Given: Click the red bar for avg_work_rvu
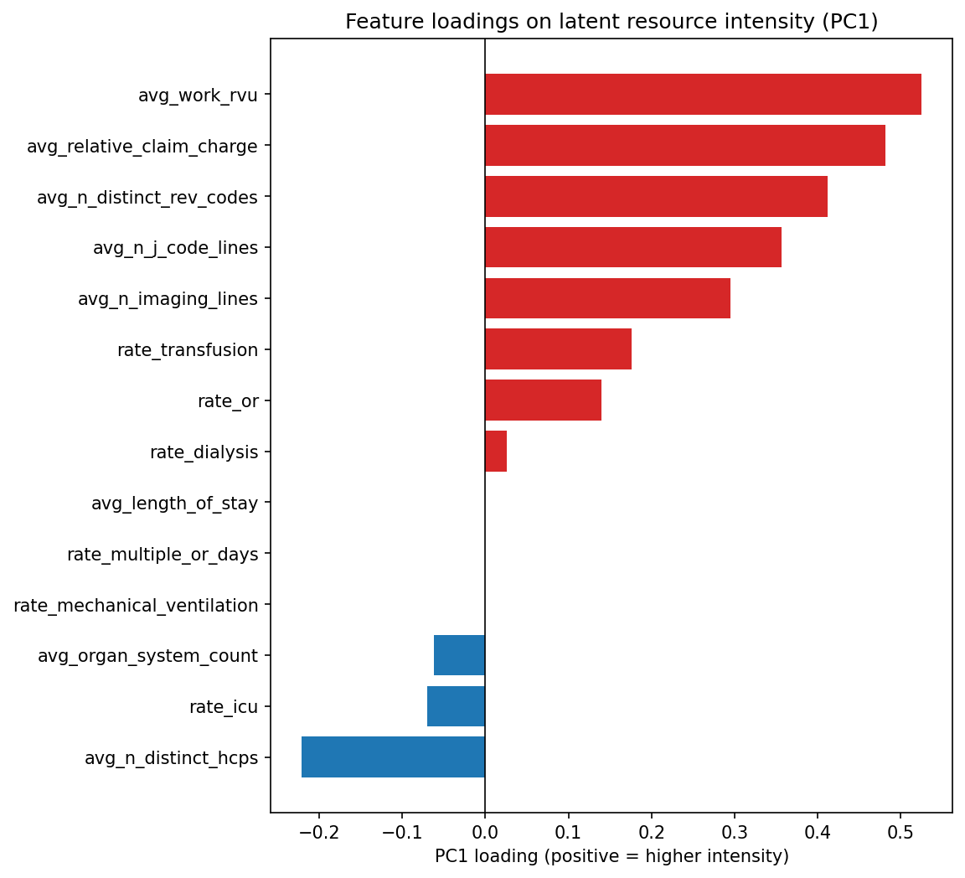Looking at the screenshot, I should pos(703,94).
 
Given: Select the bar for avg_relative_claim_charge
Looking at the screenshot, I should pos(684,145).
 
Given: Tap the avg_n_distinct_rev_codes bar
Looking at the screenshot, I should pos(656,196).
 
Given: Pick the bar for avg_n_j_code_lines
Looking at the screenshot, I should pos(632,247).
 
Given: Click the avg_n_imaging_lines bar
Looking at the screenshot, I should pos(607,298).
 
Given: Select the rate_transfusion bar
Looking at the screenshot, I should pos(558,349).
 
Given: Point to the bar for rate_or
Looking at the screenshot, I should pos(543,400).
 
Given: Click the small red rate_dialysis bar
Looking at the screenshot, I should pos(496,452).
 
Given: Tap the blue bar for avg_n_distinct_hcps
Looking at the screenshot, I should pos(393,757).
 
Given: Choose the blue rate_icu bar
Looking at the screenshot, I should pos(456,706).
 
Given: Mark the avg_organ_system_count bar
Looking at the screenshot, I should pos(459,655).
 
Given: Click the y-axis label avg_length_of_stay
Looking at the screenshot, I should pos(174,503).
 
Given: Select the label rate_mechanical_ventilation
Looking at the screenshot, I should pos(136,605).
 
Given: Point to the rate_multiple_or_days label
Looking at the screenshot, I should pos(163,554).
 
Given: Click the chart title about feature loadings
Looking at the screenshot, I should pos(612,22).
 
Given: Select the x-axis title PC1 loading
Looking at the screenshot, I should pos(612,856).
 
